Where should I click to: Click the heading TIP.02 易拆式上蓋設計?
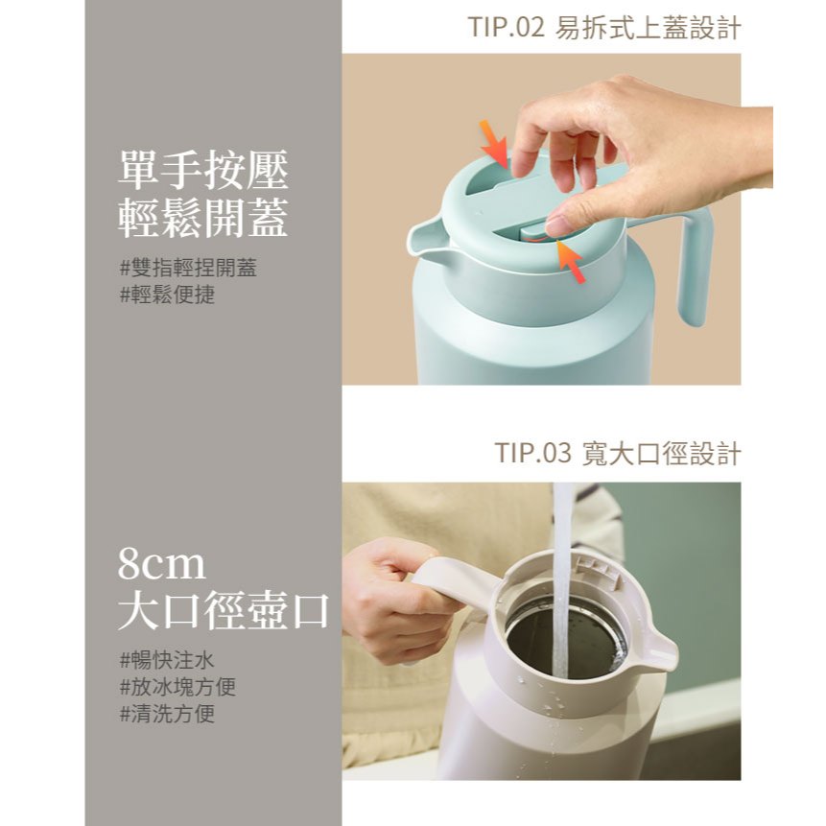[x=604, y=28]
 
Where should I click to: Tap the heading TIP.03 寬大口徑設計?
[x=618, y=453]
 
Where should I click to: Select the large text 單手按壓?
[x=203, y=170]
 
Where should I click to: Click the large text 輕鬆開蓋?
[x=203, y=218]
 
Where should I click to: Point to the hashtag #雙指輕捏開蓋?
[x=188, y=268]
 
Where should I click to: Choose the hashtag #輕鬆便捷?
[x=168, y=295]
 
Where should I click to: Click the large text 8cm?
[x=161, y=564]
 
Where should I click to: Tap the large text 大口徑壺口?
[x=224, y=610]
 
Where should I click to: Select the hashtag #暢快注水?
[x=167, y=660]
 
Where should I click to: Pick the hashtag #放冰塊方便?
[x=177, y=686]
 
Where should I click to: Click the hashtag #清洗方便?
[x=167, y=714]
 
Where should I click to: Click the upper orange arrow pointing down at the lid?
[x=495, y=144]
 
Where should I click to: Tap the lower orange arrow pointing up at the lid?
[x=571, y=261]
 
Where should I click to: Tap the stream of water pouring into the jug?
[x=561, y=579]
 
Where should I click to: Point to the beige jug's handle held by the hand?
[x=453, y=585]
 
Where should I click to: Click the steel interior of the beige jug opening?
[x=565, y=640]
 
